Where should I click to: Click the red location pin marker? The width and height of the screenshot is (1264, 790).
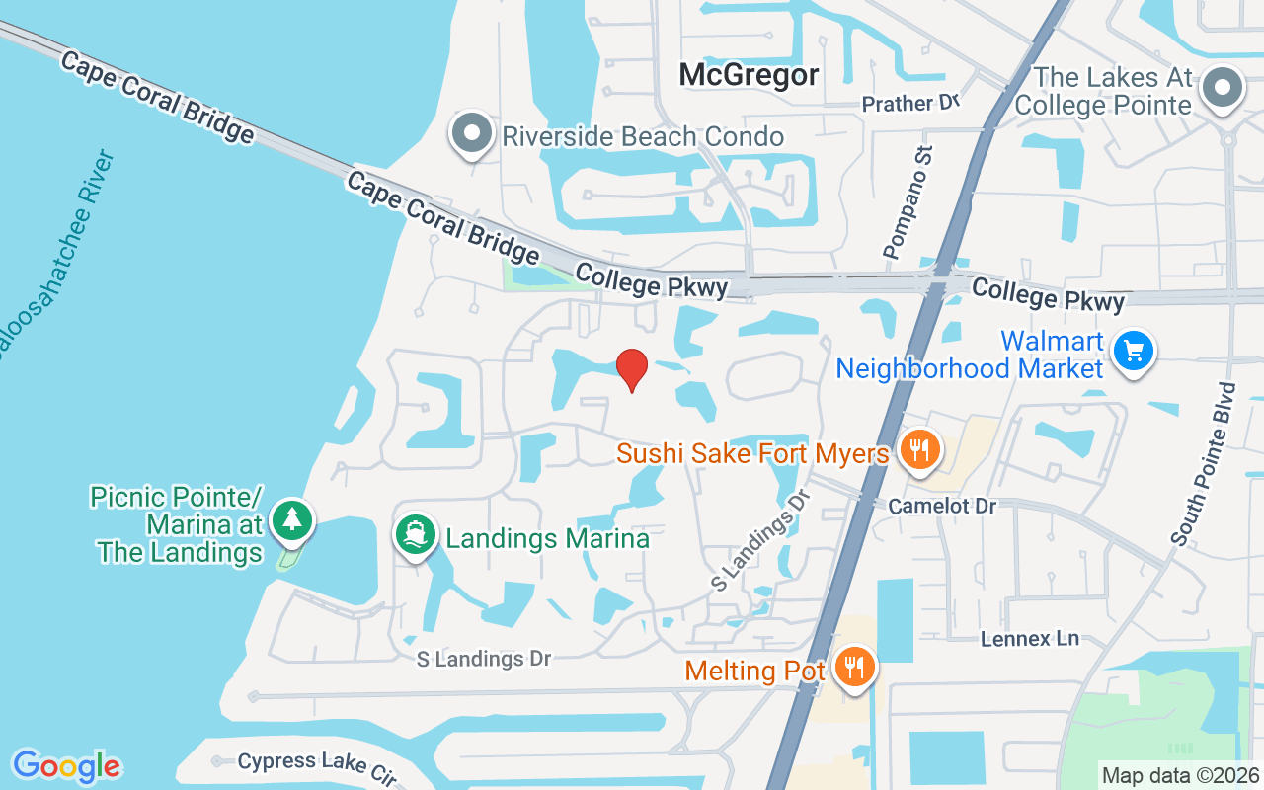click(x=632, y=369)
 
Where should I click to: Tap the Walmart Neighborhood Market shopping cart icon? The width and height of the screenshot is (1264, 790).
click(x=1133, y=351)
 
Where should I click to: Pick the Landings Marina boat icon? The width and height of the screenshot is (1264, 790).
click(x=416, y=535)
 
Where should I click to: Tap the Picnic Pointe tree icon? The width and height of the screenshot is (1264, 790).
click(x=291, y=519)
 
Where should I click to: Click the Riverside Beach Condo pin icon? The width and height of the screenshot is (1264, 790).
click(x=472, y=133)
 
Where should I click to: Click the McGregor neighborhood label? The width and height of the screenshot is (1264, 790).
click(x=750, y=75)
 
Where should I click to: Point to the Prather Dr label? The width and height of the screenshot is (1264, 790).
click(x=910, y=103)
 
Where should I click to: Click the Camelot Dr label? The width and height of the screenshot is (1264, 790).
click(x=941, y=506)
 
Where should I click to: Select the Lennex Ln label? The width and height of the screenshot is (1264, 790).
click(x=1030, y=639)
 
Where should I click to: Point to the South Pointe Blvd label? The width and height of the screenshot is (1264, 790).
click(x=1203, y=464)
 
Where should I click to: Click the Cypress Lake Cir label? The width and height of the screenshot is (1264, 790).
click(x=317, y=766)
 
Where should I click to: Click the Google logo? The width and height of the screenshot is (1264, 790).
click(x=66, y=766)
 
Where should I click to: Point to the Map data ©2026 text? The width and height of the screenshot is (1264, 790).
click(x=1180, y=775)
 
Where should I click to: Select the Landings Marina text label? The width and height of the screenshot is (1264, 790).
click(x=547, y=538)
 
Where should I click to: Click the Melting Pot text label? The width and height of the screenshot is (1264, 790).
click(x=755, y=671)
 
